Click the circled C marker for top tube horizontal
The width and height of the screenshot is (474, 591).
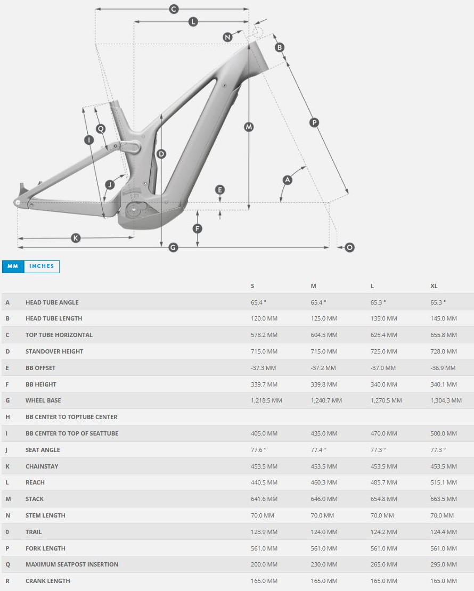click(173, 9)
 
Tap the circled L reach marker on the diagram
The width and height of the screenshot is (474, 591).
click(193, 22)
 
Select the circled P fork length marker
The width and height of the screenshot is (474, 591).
click(314, 123)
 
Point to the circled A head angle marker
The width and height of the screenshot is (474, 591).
click(288, 180)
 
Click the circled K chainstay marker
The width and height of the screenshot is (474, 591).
click(76, 238)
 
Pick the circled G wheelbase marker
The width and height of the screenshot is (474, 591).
click(173, 248)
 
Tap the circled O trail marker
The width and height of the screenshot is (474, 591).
click(349, 248)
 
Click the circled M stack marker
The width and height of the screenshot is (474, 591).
click(249, 127)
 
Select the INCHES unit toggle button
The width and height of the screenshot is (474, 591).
click(42, 266)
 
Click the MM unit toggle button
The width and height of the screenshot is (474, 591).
click(13, 266)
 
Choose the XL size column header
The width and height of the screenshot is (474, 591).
click(434, 286)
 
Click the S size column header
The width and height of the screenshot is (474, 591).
click(252, 286)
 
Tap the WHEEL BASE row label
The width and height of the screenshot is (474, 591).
click(43, 400)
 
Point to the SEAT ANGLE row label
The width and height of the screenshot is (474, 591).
click(43, 450)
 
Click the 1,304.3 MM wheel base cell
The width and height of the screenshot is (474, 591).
click(446, 400)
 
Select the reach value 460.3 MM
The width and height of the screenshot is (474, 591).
click(324, 482)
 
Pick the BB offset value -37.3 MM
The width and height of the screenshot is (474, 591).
click(263, 368)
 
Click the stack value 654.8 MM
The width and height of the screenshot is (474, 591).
click(383, 499)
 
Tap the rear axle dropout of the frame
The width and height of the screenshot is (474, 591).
click(18, 202)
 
